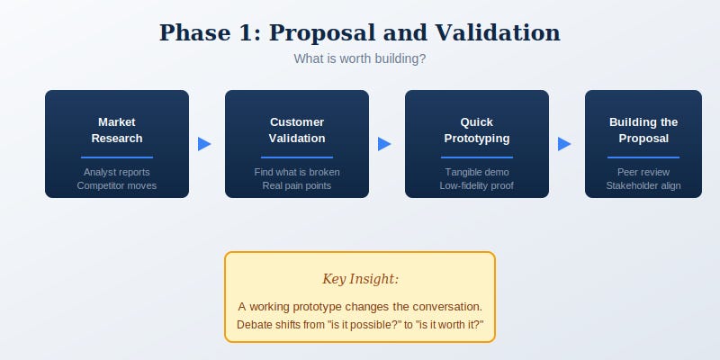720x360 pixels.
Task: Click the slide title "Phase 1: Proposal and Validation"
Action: [x=359, y=33]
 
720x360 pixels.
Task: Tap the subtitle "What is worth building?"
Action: [x=359, y=58]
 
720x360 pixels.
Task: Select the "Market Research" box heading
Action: [x=117, y=130]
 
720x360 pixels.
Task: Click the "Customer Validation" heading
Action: [x=297, y=130]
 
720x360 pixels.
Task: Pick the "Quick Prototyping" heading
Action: [x=477, y=130]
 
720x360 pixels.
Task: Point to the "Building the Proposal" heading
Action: [x=643, y=130]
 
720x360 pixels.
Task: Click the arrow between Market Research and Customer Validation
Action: [x=204, y=144]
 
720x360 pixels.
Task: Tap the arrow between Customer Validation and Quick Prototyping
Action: [x=384, y=144]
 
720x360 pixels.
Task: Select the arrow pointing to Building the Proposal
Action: [x=564, y=144]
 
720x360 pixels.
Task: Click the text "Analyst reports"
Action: [x=117, y=172]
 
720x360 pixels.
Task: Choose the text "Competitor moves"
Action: [x=117, y=185]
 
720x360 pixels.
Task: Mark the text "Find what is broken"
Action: [x=297, y=172]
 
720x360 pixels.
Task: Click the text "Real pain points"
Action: [x=297, y=185]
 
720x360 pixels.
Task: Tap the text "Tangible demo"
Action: [x=477, y=172]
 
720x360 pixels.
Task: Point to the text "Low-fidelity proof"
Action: [x=477, y=185]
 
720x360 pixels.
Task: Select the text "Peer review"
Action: [x=643, y=172]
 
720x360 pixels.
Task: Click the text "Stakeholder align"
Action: [x=643, y=185]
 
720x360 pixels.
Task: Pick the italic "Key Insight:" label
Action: [x=360, y=279]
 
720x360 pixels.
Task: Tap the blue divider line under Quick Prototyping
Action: [x=477, y=157]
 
